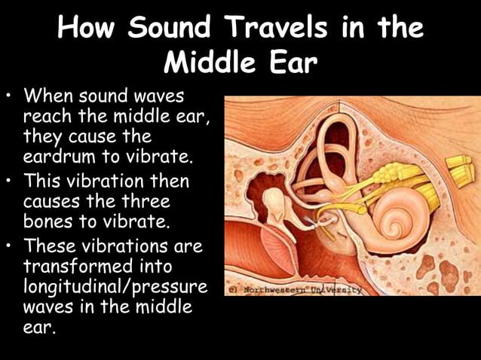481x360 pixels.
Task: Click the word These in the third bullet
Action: pos(52,246)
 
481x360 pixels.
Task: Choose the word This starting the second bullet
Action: pos(44,182)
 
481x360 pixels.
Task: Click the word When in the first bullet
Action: pos(49,97)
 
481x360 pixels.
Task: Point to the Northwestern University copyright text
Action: pos(295,289)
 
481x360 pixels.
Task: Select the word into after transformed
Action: pos(154,266)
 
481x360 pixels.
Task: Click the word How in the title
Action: pos(84,29)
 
